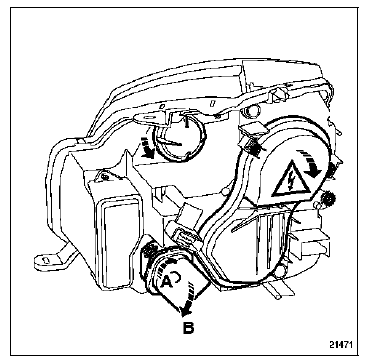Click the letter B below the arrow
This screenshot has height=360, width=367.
click(188, 327)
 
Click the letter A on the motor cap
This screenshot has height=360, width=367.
click(167, 280)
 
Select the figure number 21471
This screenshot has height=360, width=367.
click(341, 345)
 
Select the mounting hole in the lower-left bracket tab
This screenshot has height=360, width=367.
click(46, 260)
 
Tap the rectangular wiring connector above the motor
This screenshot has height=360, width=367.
click(184, 236)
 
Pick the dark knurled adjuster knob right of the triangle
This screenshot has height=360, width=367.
click(329, 198)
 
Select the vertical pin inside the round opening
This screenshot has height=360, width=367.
click(187, 122)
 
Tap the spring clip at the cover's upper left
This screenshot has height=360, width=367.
click(251, 140)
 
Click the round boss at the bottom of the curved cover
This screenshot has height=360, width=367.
click(280, 271)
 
